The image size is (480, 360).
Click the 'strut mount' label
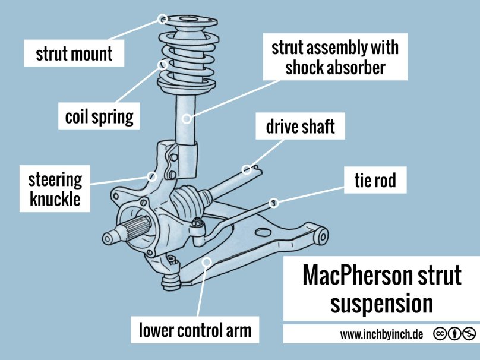click(x=74, y=53)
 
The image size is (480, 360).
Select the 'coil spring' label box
click(x=99, y=116)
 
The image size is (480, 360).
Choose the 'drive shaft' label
click(x=301, y=127)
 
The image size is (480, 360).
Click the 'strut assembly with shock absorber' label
click(x=335, y=58)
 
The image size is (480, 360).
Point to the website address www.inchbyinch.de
click(x=381, y=334)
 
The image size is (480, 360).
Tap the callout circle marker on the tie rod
click(x=274, y=203)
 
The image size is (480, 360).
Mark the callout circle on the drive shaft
click(x=246, y=169)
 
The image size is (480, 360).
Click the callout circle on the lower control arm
click(x=206, y=261)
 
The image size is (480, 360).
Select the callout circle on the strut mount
click(x=163, y=19)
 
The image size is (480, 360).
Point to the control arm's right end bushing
click(x=321, y=235)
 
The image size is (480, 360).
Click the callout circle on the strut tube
click(x=186, y=119)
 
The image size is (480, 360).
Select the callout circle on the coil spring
click(x=163, y=64)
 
